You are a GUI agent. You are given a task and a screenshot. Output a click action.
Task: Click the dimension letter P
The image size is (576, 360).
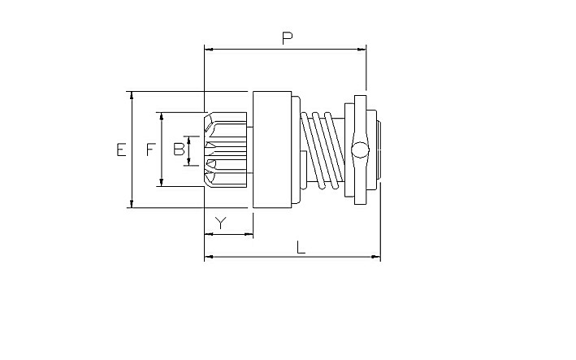tap(288, 38)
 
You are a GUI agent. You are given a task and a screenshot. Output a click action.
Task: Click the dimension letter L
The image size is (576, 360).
tap(301, 248)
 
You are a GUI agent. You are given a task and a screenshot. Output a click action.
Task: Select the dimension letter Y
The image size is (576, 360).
tap(220, 223)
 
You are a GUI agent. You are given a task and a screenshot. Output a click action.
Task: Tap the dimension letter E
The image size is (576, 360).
tap(121, 150)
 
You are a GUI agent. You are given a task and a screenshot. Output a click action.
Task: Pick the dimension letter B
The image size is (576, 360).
tap(179, 150)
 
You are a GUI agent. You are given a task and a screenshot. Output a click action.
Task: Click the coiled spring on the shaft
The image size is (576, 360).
tap(323, 150)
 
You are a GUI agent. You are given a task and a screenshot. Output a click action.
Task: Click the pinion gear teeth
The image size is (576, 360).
tap(225, 150)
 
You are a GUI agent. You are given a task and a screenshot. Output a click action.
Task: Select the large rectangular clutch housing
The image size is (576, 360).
tap(272, 150)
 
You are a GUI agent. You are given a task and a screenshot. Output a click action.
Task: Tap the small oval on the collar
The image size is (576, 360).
tap(360, 150)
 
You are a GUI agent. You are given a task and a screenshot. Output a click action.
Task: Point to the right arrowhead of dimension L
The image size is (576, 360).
tap(376, 257)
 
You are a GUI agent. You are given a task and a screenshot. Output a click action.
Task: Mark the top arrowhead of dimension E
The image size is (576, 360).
tap(132, 96)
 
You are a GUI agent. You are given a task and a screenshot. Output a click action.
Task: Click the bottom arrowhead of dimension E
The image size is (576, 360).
tap(132, 203)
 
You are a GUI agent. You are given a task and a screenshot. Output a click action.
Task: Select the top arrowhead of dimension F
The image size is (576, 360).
tap(162, 116)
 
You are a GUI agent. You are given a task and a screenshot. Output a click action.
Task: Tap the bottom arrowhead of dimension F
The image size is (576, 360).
tap(162, 182)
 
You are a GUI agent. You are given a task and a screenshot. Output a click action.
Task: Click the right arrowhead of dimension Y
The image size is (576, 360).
tap(249, 234)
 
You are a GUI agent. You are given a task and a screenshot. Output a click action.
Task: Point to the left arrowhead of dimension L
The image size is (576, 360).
tap(209, 257)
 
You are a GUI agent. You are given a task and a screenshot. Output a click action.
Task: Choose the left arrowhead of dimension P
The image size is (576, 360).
tap(209, 50)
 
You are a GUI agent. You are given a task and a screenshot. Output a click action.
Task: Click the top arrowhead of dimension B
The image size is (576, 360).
tap(188, 140)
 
